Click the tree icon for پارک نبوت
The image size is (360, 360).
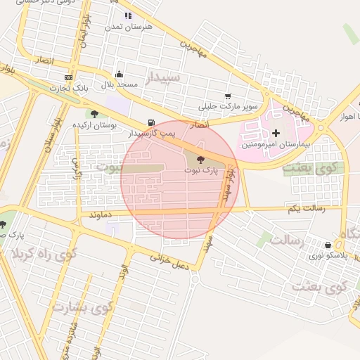pyautogui.click(x=201, y=160)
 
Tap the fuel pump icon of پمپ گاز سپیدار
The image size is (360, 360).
pyautogui.click(x=152, y=122)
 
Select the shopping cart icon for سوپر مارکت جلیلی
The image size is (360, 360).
pyautogui.click(x=227, y=96)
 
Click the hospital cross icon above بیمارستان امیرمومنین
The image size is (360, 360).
pyautogui.click(x=276, y=132)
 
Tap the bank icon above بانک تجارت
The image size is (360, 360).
pyautogui.click(x=68, y=77)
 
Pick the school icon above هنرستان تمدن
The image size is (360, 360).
pyautogui.click(x=127, y=15)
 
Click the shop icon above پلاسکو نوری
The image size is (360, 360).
pyautogui.click(x=328, y=245)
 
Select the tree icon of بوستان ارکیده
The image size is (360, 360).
pyautogui.click(x=94, y=114)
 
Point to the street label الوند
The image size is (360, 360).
pyautogui.click(x=124, y=274)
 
